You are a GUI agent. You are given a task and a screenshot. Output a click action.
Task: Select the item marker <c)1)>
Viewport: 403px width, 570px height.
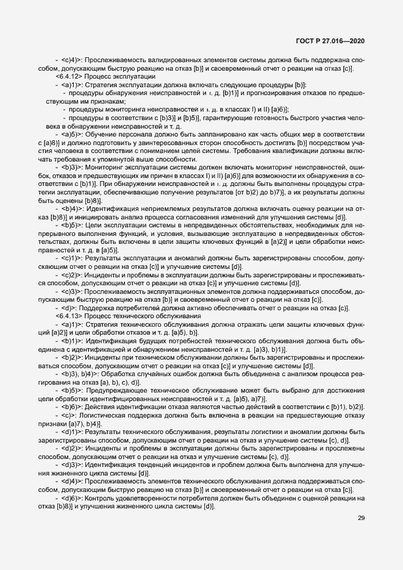pos(72,259)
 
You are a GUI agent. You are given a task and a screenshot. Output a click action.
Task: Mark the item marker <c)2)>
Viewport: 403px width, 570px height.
pos(72,276)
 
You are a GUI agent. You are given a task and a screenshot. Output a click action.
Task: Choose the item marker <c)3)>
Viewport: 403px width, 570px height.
pos(72,291)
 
